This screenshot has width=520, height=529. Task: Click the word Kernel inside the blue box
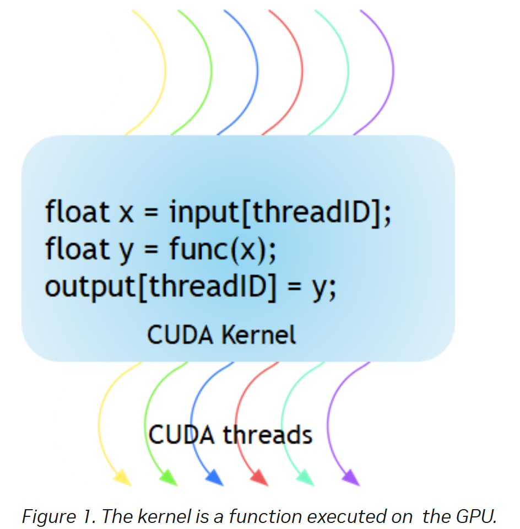(x=259, y=334)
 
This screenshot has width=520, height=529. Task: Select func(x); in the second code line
(x=223, y=249)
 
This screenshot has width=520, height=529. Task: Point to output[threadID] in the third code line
(x=160, y=287)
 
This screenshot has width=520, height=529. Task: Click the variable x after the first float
(x=126, y=214)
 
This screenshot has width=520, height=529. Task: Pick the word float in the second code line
(x=77, y=248)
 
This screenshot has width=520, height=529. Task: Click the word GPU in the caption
(x=475, y=516)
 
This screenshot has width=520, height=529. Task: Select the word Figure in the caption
(x=48, y=517)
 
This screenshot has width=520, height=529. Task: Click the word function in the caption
(x=265, y=516)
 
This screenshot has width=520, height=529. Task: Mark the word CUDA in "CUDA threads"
(x=181, y=434)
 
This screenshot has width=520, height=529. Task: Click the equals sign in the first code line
(x=151, y=213)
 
